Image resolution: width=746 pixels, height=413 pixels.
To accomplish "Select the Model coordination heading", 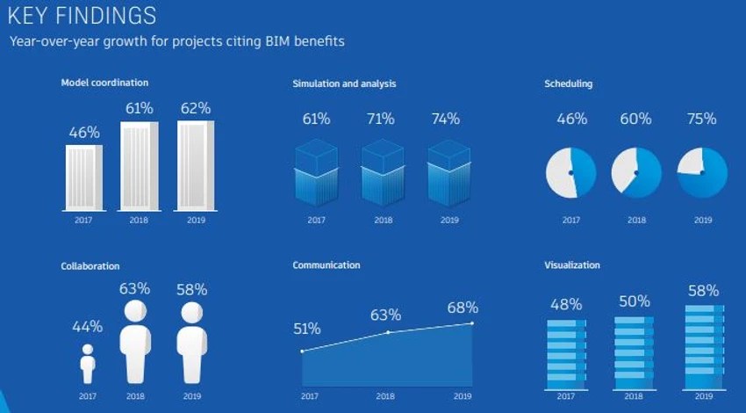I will [104, 83].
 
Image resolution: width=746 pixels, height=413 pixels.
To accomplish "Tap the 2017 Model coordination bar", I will [84, 177].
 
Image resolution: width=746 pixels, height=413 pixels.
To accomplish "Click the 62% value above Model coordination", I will [196, 108].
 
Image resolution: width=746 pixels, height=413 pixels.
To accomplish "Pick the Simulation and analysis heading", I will [344, 83].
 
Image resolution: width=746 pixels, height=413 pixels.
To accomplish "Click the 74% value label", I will [446, 120].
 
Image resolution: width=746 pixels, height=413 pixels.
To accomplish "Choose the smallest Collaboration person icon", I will [88, 363].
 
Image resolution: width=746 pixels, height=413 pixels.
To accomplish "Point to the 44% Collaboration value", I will [88, 326].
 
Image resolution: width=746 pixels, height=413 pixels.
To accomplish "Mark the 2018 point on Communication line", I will [387, 332].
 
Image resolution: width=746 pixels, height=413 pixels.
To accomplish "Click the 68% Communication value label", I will [463, 308].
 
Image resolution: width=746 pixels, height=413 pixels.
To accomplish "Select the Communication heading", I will [326, 264].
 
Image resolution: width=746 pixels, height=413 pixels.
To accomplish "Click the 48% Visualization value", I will [566, 305].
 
